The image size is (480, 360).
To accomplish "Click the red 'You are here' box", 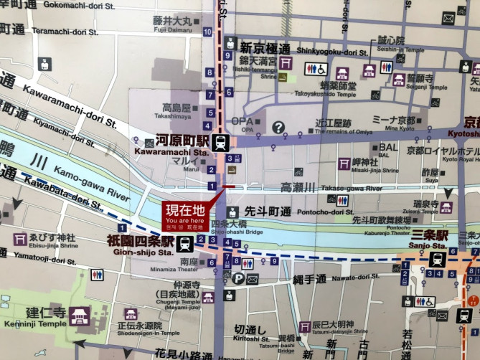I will pos(185,214).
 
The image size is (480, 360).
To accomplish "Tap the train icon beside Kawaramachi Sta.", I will pos(220,142).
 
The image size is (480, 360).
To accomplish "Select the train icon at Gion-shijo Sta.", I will pos(184,243).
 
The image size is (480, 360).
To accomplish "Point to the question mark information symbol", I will pos(278,127).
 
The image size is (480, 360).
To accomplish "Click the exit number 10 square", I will pos(207,32).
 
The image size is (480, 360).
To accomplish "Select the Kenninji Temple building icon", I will pos(79,316).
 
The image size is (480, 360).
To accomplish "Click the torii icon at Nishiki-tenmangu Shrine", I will pos(286,62).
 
